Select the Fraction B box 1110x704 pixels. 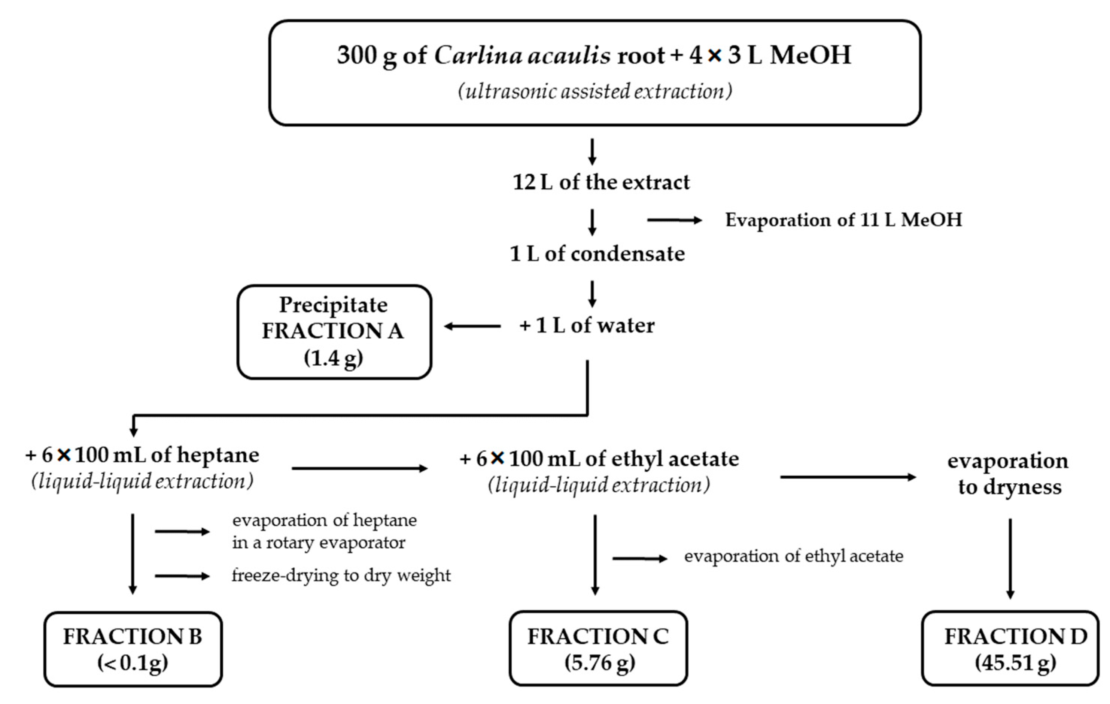tap(133, 649)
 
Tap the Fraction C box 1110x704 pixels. tap(598, 648)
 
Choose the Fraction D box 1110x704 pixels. tap(1010, 648)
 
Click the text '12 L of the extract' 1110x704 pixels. tap(601, 182)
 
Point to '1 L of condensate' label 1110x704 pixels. tap(597, 254)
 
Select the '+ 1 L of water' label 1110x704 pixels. tap(587, 326)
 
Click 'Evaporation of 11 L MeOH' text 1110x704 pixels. tap(843, 220)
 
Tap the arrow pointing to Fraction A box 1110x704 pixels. tap(472, 327)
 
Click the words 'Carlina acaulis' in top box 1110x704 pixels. tap(522, 55)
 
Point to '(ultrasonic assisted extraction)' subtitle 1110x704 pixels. tap(594, 91)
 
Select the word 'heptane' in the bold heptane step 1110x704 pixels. tap(218, 455)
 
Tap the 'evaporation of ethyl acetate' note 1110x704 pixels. tap(793, 556)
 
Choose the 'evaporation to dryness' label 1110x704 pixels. tap(1009, 474)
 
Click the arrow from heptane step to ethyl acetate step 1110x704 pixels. tap(359, 469)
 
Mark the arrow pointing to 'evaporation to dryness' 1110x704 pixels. tap(847, 477)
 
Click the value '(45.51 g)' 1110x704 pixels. tap(1015, 663)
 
